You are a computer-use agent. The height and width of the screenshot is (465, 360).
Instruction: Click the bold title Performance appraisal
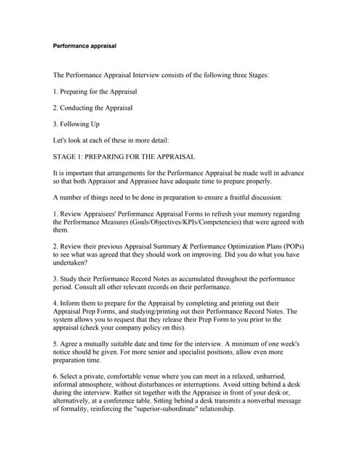(84, 46)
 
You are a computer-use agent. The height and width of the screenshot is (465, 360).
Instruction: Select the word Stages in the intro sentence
(254, 75)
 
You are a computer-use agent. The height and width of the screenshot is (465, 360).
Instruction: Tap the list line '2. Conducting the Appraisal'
(93, 108)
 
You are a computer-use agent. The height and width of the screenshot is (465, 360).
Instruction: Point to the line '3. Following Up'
(76, 124)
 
